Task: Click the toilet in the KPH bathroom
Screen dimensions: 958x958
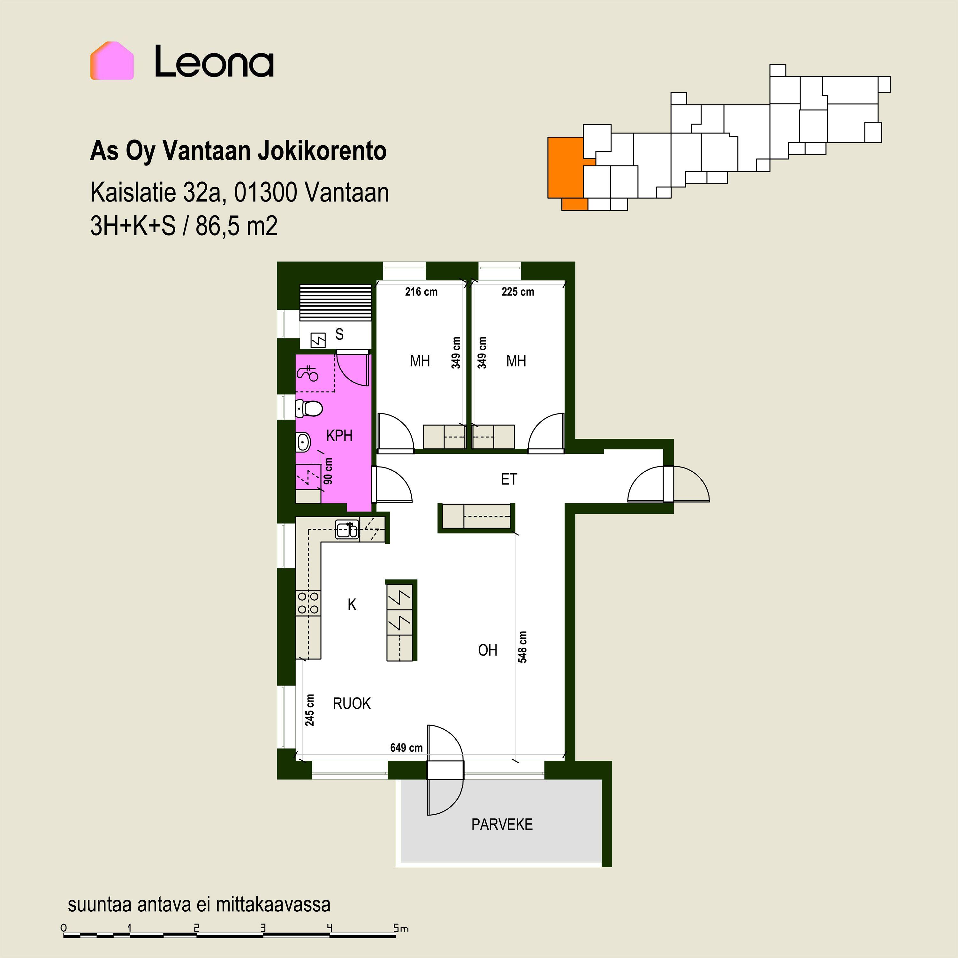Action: click(309, 409)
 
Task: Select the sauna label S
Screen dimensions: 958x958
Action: click(339, 334)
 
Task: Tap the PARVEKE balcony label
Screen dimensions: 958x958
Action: click(502, 824)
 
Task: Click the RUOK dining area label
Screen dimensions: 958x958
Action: click(352, 703)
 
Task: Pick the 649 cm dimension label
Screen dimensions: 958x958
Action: click(406, 747)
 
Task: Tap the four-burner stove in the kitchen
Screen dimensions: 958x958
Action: click(308, 603)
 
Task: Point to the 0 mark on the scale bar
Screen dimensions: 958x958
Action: click(64, 928)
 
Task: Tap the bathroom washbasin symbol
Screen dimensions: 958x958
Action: click(303, 441)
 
